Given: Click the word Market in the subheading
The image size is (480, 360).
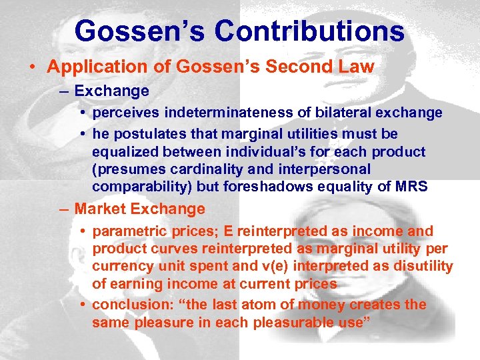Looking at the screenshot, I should click(x=100, y=209).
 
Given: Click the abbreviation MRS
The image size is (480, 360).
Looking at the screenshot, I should click(x=409, y=187).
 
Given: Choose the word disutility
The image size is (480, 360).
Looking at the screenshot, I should click(x=419, y=267).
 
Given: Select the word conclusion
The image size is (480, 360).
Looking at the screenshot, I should click(x=127, y=305).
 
